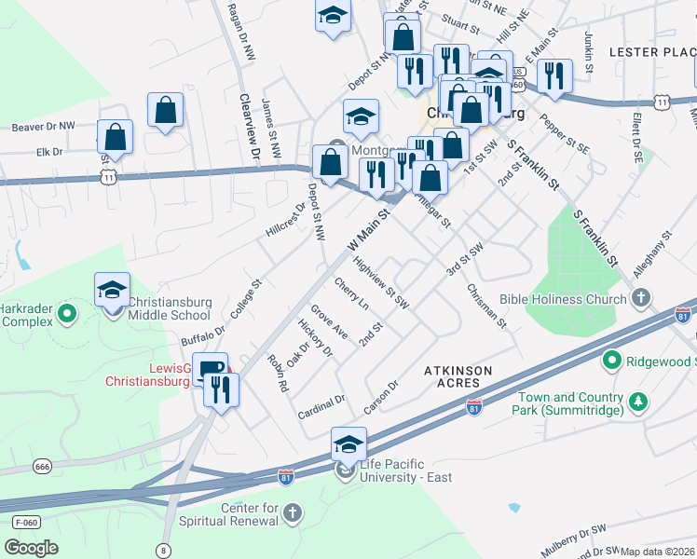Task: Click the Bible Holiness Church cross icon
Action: click(x=640, y=298)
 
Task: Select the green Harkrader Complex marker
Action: click(x=66, y=315)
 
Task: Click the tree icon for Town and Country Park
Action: click(x=638, y=402)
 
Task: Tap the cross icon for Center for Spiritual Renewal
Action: click(x=293, y=513)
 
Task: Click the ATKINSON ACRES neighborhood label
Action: click(x=458, y=376)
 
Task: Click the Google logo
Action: click(x=31, y=548)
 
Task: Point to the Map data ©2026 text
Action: click(x=657, y=552)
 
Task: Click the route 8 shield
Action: click(x=163, y=550)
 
